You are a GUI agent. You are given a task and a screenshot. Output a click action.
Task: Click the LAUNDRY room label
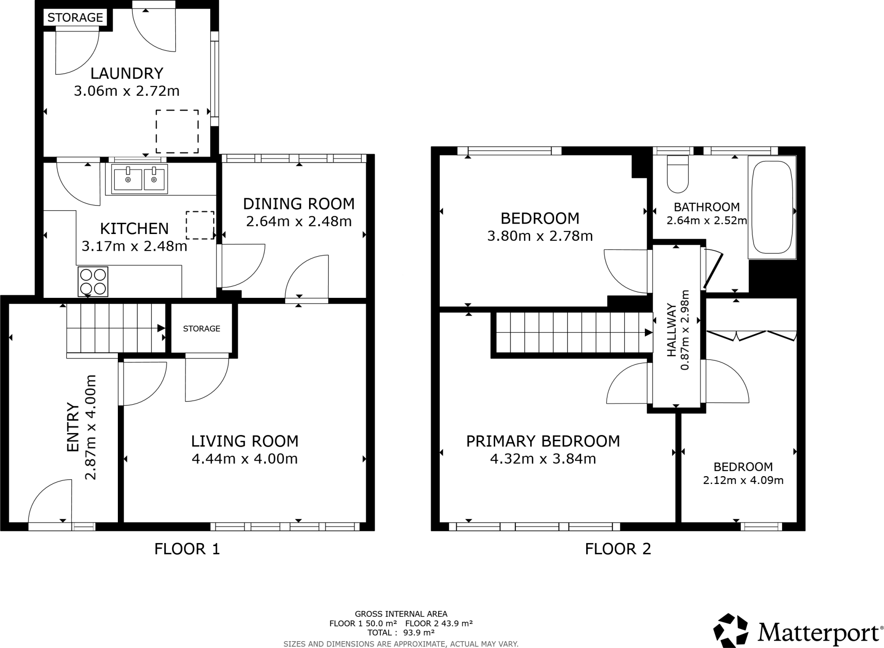[x=126, y=73]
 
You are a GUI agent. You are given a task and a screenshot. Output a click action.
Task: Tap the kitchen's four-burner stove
[x=93, y=282]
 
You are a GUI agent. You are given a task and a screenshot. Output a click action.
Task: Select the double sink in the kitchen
[x=139, y=179]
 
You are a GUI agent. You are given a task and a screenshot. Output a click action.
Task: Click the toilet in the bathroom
[x=678, y=174]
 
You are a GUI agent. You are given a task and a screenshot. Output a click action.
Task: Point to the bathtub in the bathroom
[x=772, y=207]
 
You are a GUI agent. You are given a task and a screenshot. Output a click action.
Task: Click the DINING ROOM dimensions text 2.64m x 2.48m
[x=299, y=221]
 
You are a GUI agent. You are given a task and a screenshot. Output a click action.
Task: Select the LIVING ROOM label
[x=245, y=441]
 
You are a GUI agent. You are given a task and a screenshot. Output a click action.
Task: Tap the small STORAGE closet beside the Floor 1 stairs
[x=202, y=329]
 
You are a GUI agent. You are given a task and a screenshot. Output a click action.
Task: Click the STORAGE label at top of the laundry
[x=75, y=18]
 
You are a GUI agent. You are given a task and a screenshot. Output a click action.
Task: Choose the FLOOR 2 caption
[x=618, y=549]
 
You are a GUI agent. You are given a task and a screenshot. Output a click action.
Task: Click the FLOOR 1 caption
[x=187, y=549]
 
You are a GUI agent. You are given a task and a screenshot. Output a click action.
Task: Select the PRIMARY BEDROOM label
[x=543, y=441]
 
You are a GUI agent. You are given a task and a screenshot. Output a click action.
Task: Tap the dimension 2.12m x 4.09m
[x=743, y=480]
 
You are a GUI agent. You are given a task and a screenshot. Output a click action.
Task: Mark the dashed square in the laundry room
[x=177, y=131]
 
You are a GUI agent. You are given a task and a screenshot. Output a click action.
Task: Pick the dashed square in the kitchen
[x=200, y=225]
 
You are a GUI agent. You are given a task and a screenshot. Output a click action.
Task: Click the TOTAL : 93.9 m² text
[x=401, y=632]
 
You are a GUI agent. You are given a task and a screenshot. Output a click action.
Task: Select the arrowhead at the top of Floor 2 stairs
[x=648, y=332]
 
